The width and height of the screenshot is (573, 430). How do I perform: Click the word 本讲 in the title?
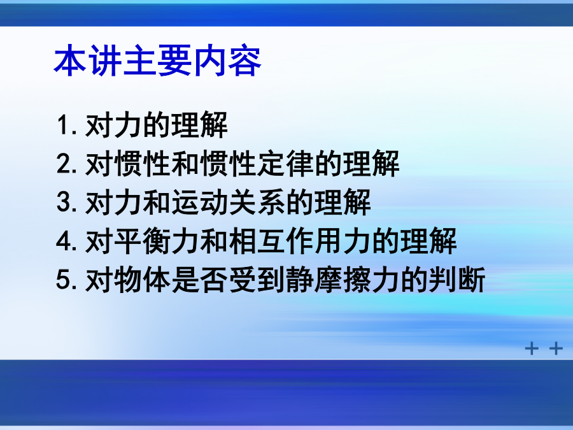click(x=88, y=61)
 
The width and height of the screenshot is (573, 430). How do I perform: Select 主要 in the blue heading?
click(x=158, y=61)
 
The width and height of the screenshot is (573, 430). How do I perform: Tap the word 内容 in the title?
click(x=227, y=61)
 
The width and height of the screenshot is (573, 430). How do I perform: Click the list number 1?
click(x=62, y=125)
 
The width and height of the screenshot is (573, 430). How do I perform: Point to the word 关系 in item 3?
click(x=257, y=202)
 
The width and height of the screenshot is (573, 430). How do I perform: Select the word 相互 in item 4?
click(x=257, y=241)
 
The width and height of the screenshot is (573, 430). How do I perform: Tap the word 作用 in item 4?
click(x=314, y=241)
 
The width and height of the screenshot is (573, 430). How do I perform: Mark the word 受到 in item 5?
click(x=257, y=280)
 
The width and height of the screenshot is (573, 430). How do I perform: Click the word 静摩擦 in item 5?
click(x=328, y=280)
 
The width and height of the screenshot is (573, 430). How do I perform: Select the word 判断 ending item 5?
click(x=456, y=280)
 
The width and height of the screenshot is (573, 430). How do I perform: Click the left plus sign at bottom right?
click(x=532, y=348)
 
